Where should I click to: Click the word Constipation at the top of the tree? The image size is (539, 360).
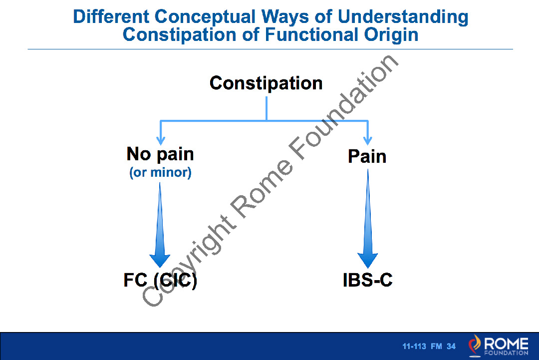[266, 83]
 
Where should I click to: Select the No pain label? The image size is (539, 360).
[160, 154]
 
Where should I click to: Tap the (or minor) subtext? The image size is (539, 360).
[160, 173]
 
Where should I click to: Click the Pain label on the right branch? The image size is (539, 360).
[367, 156]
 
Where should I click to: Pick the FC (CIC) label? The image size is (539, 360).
[160, 280]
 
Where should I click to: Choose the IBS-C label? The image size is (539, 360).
[368, 280]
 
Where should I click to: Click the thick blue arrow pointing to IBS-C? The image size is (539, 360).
[368, 225]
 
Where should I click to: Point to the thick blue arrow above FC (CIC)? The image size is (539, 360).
[160, 230]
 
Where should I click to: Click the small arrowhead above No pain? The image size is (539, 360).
[160, 139]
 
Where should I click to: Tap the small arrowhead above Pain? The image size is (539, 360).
[368, 139]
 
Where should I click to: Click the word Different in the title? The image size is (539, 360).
[111, 17]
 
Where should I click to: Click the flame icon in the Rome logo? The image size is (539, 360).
[476, 345]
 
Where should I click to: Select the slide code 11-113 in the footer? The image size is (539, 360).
[414, 347]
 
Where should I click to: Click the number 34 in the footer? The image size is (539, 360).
[451, 347]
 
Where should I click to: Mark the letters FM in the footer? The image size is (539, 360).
[436, 347]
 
